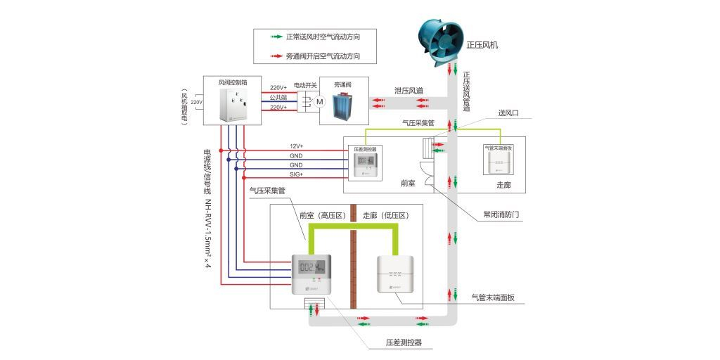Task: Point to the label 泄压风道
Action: [x=409, y=91]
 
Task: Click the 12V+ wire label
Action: [x=296, y=146]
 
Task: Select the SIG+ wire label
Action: [x=296, y=174]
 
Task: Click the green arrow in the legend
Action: [x=274, y=36]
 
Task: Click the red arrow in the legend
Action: [x=274, y=56]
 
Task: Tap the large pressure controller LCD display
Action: [x=310, y=268]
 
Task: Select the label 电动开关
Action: [x=305, y=85]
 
